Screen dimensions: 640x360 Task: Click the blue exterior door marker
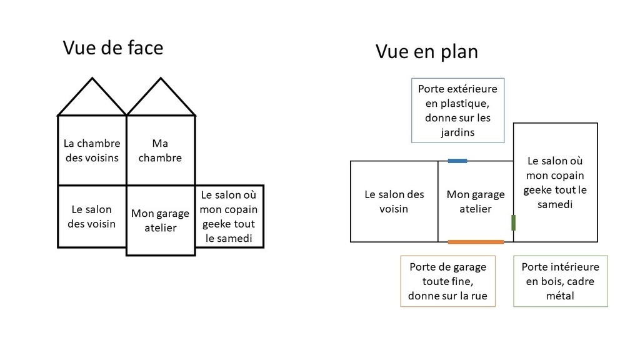pos(457,161)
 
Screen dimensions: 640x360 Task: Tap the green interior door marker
pos(513,223)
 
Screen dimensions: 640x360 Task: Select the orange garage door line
pos(476,242)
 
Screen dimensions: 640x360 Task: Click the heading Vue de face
pos(113,47)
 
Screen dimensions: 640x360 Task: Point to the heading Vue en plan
pos(426,52)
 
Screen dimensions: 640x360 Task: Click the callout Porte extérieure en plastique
pos(457,110)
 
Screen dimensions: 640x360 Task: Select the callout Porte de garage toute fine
pos(447,281)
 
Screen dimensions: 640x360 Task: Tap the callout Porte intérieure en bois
pos(561,281)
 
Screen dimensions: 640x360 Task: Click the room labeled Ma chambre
pos(161,151)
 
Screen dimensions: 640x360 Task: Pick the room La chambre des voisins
pos(92,151)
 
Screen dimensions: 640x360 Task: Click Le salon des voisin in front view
pos(92,216)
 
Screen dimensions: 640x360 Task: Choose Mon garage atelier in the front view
pos(161,221)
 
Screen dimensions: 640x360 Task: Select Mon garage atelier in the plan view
pos(476,201)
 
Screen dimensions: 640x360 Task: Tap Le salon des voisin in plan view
pos(394,201)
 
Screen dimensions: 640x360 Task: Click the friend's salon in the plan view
pos(556,182)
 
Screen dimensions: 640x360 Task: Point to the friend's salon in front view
pos(229,216)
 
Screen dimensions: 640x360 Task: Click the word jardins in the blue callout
pos(457,132)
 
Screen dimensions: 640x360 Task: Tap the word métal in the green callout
pos(560,296)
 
